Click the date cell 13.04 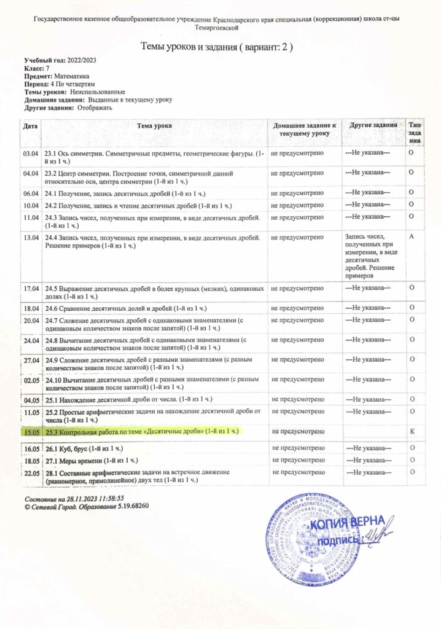[x=31, y=236]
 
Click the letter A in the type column [x=412, y=236]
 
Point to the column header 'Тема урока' [x=154, y=125]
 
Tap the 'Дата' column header [x=30, y=125]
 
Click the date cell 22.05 [x=31, y=472]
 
